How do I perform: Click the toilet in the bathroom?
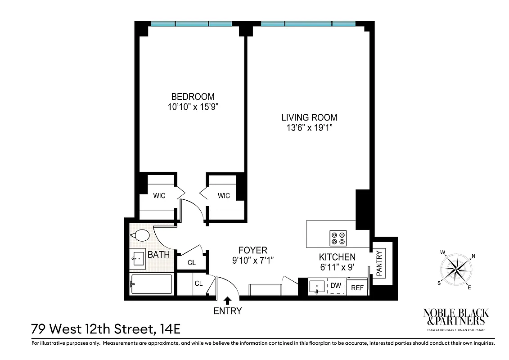[141, 235]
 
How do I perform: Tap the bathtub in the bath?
[151, 284]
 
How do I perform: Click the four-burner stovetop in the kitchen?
[338, 238]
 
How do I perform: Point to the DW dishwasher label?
[336, 285]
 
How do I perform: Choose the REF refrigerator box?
[357, 288]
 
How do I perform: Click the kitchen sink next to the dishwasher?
[318, 286]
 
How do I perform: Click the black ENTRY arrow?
[228, 300]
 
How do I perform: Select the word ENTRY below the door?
[228, 311]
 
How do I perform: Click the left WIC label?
[159, 196]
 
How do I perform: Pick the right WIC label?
[224, 196]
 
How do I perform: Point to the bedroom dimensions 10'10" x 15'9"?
[193, 107]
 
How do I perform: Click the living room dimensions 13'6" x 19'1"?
[309, 128]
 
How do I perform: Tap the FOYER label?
[252, 250]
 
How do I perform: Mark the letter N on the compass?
[473, 257]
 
